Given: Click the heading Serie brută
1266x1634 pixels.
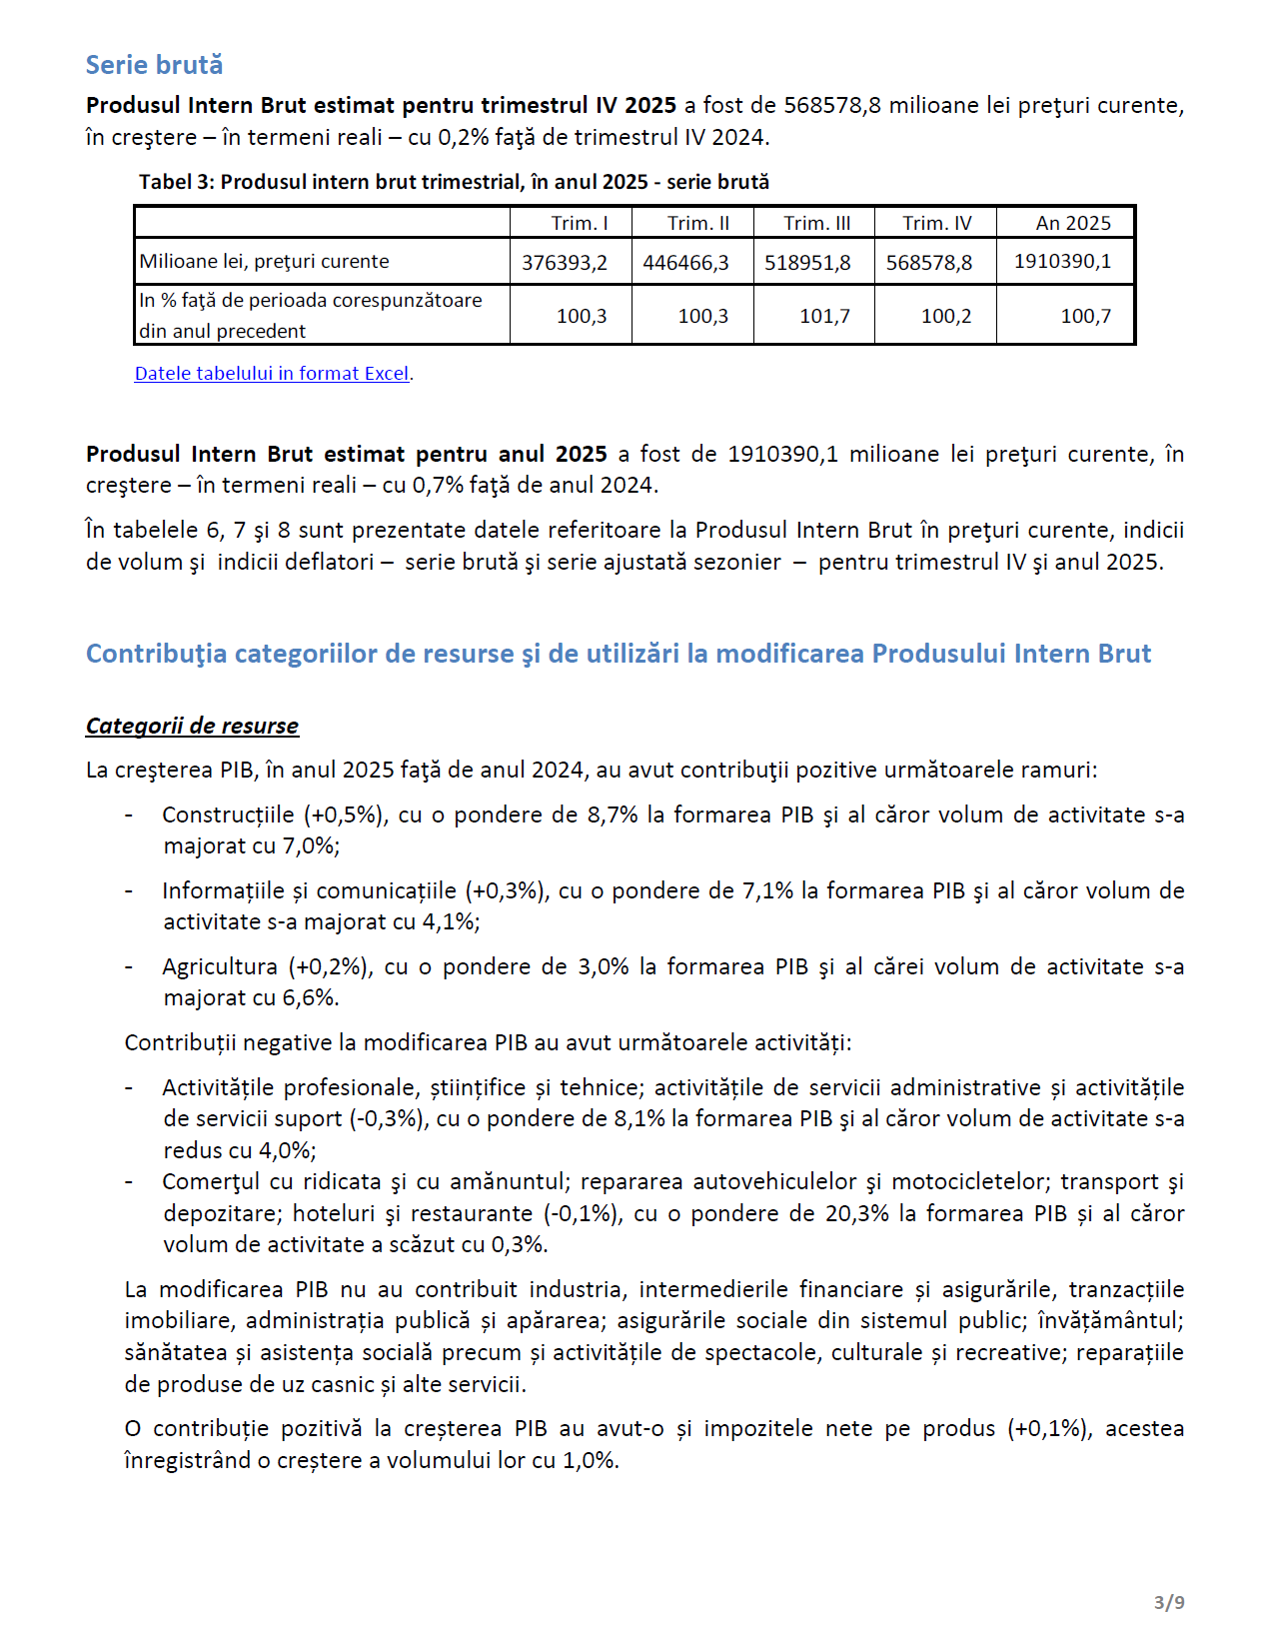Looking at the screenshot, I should pos(154,65).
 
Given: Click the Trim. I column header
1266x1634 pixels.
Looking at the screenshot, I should pos(580,223).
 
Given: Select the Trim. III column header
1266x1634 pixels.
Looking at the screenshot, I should pos(816,223).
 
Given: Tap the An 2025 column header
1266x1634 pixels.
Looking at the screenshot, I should pos(1072,223).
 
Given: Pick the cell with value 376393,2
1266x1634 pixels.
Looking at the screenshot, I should pos(565,263).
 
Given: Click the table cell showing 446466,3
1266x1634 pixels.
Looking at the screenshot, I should pos(685,263).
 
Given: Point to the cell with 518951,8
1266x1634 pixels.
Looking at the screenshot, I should pos(807,263).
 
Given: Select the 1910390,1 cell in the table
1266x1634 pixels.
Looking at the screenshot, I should pos(1062,262).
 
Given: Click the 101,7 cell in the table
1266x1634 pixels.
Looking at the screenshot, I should pos(824,316).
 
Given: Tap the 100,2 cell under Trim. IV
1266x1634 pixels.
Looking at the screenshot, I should pos(945,316).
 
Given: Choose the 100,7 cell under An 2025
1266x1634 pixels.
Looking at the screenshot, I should pos(1085,316).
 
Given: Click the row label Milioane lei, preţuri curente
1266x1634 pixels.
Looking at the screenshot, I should pos(265,262).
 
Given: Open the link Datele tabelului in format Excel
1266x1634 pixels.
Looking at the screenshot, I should pos(272,373).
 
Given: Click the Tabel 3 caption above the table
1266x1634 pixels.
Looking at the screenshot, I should pos(454,182).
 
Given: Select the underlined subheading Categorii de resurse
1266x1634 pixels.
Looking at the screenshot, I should pos(192,726).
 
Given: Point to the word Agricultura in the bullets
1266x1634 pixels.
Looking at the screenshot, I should pos(220,966).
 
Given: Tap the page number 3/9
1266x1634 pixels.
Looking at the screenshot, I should pos(1169,1602).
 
